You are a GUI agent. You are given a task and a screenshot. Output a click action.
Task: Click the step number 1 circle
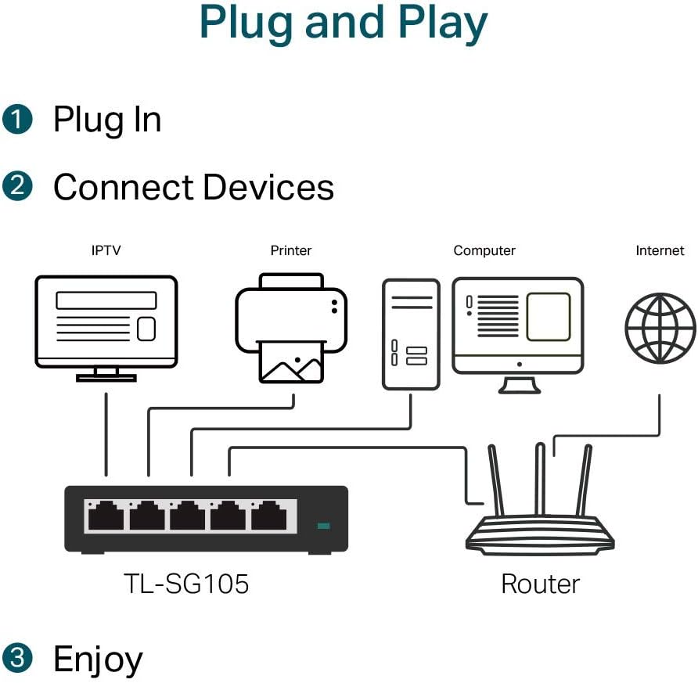18,120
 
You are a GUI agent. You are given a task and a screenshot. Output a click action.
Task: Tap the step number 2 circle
18,187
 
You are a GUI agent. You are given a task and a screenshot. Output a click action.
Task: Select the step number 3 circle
18,658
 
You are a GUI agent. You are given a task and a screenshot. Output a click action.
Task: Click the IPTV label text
106,251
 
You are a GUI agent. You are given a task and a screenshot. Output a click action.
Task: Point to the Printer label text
290,251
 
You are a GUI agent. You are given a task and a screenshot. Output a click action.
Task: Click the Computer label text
484,251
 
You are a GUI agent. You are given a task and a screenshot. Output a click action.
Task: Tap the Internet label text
660,251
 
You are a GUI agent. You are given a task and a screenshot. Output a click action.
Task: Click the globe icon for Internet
660,328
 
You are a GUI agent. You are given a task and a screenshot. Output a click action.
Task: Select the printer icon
291,327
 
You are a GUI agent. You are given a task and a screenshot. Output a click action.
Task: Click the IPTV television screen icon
106,321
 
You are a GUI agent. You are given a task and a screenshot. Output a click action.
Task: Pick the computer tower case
411,334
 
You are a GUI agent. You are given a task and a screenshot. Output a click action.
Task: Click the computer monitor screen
518,323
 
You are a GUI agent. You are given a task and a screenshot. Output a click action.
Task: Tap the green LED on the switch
323,526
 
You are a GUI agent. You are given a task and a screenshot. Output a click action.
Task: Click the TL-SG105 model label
186,584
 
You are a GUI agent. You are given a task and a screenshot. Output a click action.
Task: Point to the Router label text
540,584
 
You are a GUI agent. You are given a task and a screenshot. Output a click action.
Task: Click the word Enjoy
98,659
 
